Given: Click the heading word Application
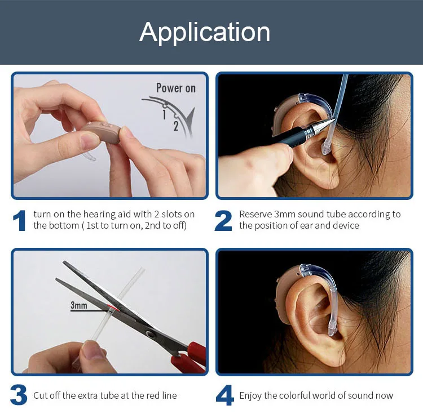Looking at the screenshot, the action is pyautogui.click(x=205, y=33).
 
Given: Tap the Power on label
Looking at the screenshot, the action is pyautogui.click(x=176, y=88).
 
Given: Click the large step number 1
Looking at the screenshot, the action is pyautogui.click(x=20, y=220).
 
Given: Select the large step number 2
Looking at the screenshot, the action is pyautogui.click(x=223, y=221).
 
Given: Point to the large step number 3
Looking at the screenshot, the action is pyautogui.click(x=19, y=395).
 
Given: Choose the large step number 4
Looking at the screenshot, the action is pyautogui.click(x=224, y=395).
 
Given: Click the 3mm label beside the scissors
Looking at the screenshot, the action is pyautogui.click(x=79, y=305).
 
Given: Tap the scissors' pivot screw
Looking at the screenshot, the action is pyautogui.click(x=149, y=334).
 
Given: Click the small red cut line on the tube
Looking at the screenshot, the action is pyautogui.click(x=113, y=308).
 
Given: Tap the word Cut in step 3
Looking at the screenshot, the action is pyautogui.click(x=41, y=395).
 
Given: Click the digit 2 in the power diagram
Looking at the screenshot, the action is pyautogui.click(x=176, y=126).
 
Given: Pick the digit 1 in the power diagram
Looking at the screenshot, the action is pyautogui.click(x=164, y=114).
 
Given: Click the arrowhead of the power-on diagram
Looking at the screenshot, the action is pyautogui.click(x=191, y=118).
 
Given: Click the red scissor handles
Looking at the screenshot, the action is pyautogui.click(x=190, y=357).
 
